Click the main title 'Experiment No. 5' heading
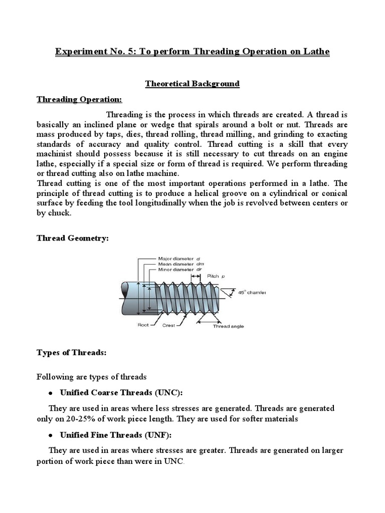click(192, 52)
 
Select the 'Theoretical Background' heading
click(192, 84)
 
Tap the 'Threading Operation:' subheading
click(79, 99)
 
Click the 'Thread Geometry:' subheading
click(73, 238)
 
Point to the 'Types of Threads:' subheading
click(72, 352)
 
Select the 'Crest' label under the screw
click(169, 325)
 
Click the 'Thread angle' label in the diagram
click(228, 326)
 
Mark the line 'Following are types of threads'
click(92, 376)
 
